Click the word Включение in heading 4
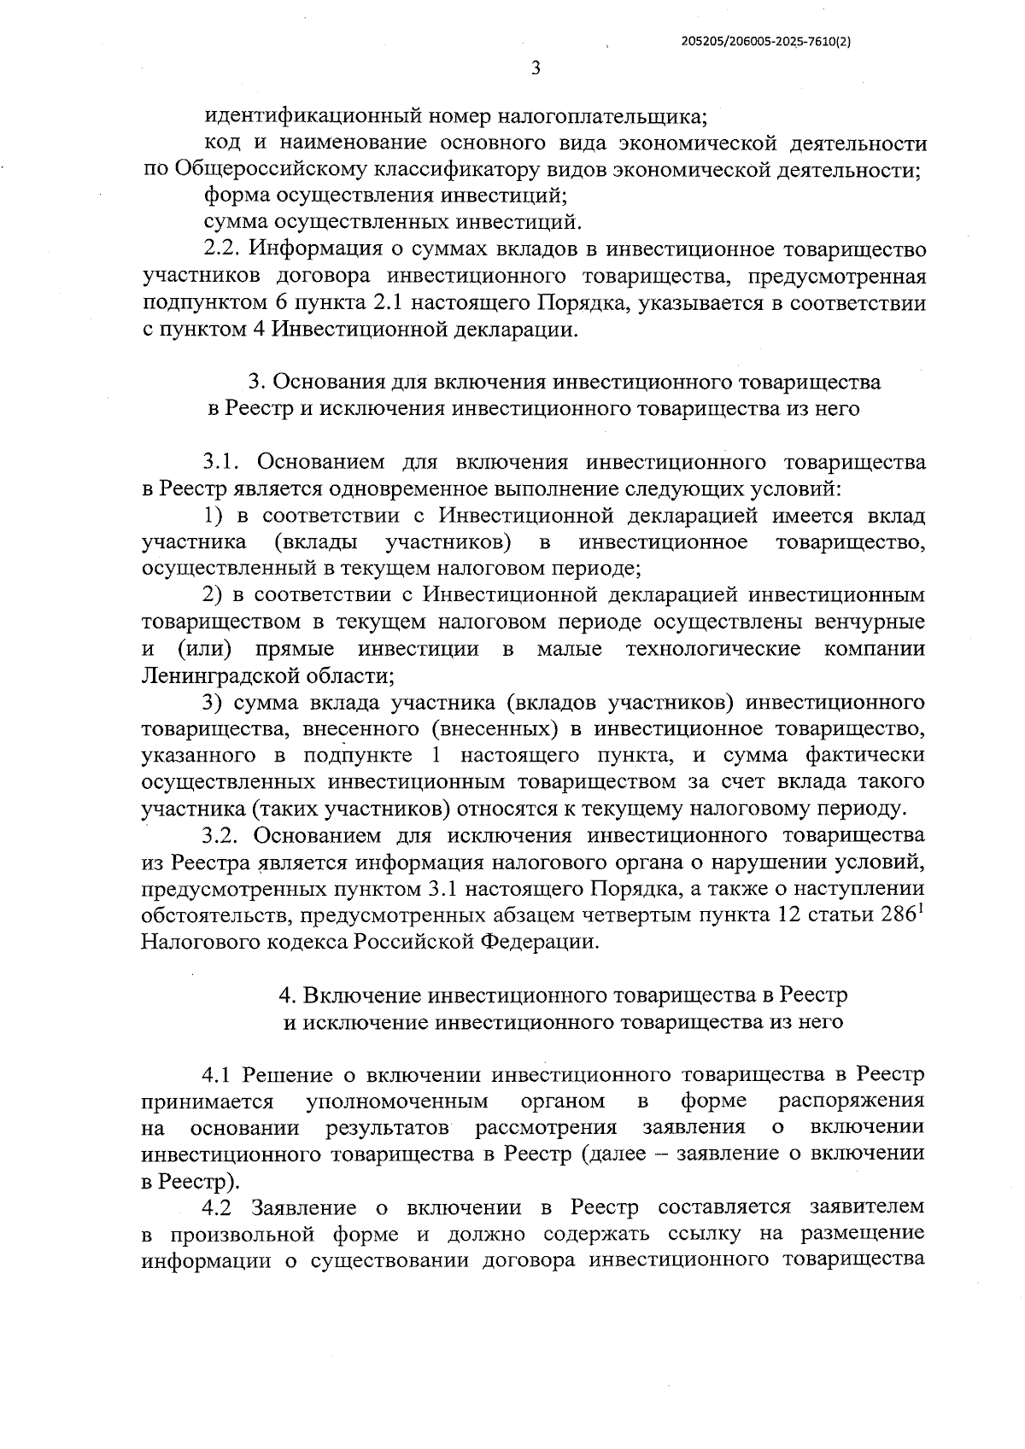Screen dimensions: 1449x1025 360,995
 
